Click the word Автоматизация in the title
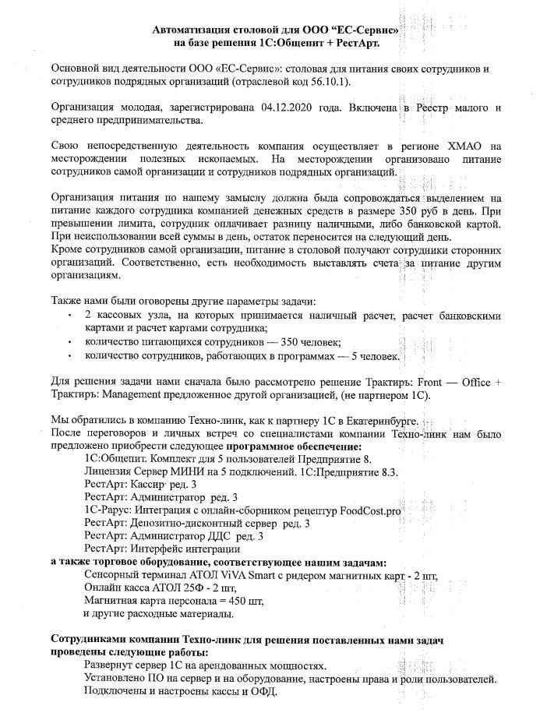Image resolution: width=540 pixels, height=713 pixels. (194, 30)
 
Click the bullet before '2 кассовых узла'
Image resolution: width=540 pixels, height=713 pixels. (72, 316)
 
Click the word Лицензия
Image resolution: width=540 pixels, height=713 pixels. (107, 471)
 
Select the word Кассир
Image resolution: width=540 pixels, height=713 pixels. (152, 484)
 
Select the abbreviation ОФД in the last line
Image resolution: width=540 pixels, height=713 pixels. (264, 691)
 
